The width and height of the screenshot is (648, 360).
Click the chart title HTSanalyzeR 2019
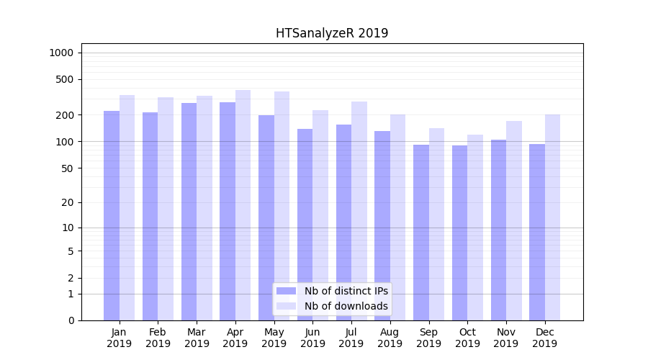tap(332, 33)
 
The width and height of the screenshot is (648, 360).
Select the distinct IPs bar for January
tap(112, 216)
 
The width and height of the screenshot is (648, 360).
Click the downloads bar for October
tap(475, 228)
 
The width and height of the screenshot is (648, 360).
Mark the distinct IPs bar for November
tap(498, 230)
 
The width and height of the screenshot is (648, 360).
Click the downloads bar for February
tap(166, 209)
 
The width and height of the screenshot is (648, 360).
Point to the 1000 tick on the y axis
tap(61, 53)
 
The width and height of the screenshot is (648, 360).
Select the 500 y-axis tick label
tap(66, 79)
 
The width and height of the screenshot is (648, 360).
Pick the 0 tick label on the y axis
tap(71, 320)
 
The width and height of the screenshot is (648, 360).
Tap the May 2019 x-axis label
tap(274, 338)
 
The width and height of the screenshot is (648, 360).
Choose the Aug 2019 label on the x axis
tap(390, 338)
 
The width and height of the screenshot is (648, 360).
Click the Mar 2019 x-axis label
tap(197, 338)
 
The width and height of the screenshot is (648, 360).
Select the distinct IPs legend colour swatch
tap(287, 291)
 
